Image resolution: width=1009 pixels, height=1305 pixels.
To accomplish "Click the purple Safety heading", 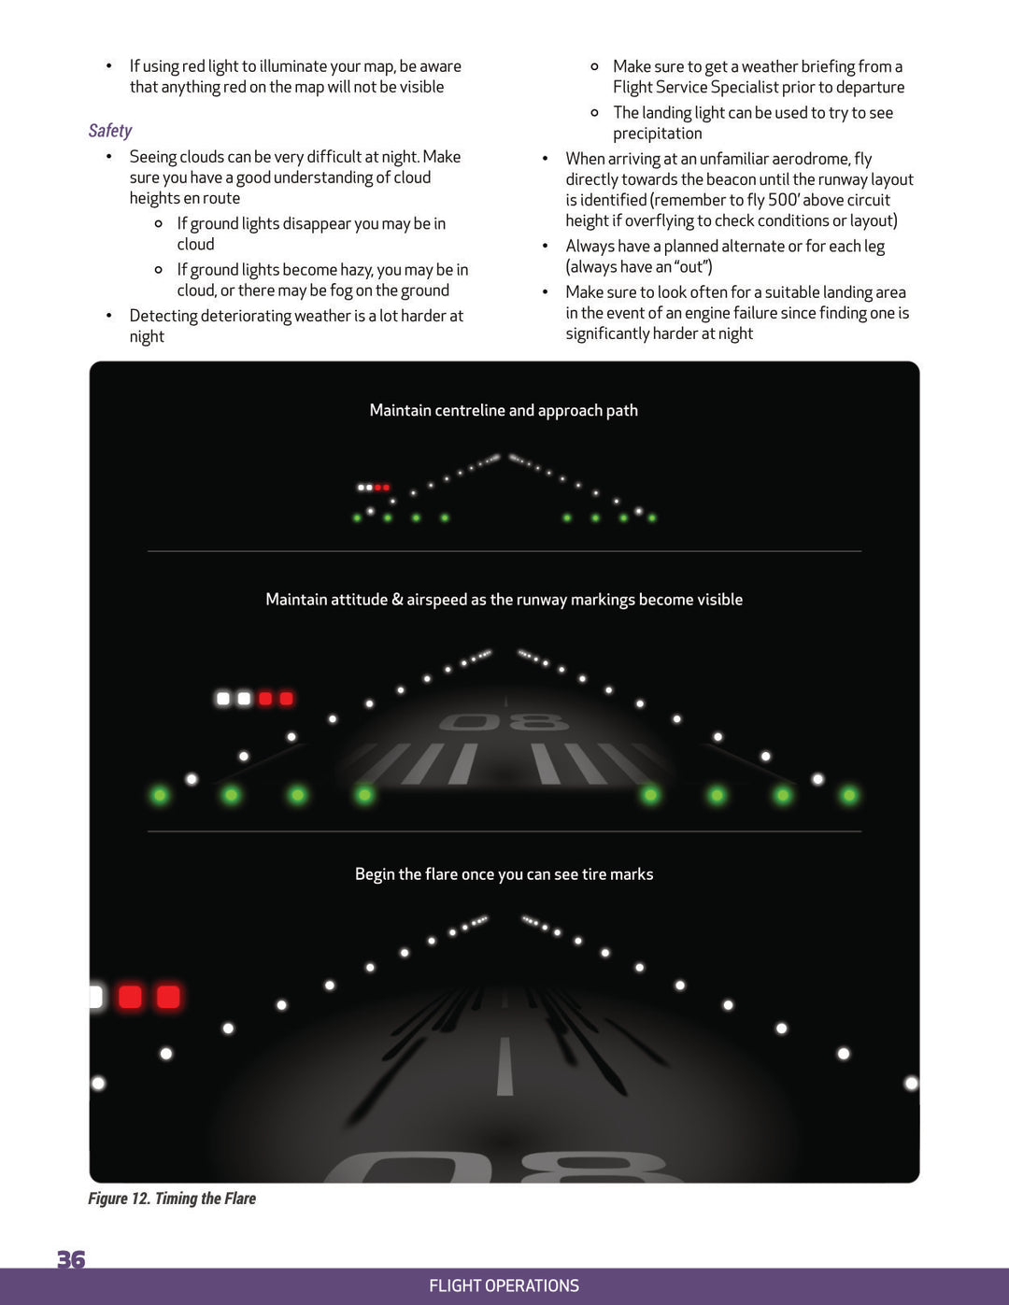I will (x=110, y=131).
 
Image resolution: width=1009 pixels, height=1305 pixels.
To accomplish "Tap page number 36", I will (x=71, y=1259).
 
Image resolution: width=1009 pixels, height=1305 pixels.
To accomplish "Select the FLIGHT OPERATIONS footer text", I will (x=504, y=1285).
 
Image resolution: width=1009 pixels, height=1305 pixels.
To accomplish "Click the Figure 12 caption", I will (x=172, y=1199).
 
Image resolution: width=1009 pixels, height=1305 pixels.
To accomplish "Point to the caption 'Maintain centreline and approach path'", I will (x=504, y=410).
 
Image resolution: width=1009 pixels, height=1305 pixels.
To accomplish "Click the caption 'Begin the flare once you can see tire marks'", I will (x=504, y=874).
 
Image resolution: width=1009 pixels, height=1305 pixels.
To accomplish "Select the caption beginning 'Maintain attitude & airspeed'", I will (x=504, y=600).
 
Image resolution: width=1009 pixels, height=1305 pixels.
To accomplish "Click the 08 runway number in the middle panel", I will (x=504, y=722).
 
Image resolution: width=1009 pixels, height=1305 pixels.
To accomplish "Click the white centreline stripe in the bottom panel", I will (x=504, y=1066).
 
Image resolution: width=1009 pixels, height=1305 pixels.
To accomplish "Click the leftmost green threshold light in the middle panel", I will (x=160, y=795).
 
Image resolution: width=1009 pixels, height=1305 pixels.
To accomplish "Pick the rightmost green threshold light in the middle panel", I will (x=849, y=795).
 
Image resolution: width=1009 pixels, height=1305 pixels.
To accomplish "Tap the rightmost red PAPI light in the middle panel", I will (x=286, y=699).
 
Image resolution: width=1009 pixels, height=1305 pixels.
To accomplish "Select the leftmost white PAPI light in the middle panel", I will (x=223, y=699).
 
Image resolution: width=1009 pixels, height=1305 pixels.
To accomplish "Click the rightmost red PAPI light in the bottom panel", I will (x=168, y=997).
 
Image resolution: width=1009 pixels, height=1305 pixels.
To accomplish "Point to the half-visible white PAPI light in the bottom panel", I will (x=95, y=997).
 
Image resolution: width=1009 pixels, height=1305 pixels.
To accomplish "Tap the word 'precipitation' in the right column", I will (x=657, y=134).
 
